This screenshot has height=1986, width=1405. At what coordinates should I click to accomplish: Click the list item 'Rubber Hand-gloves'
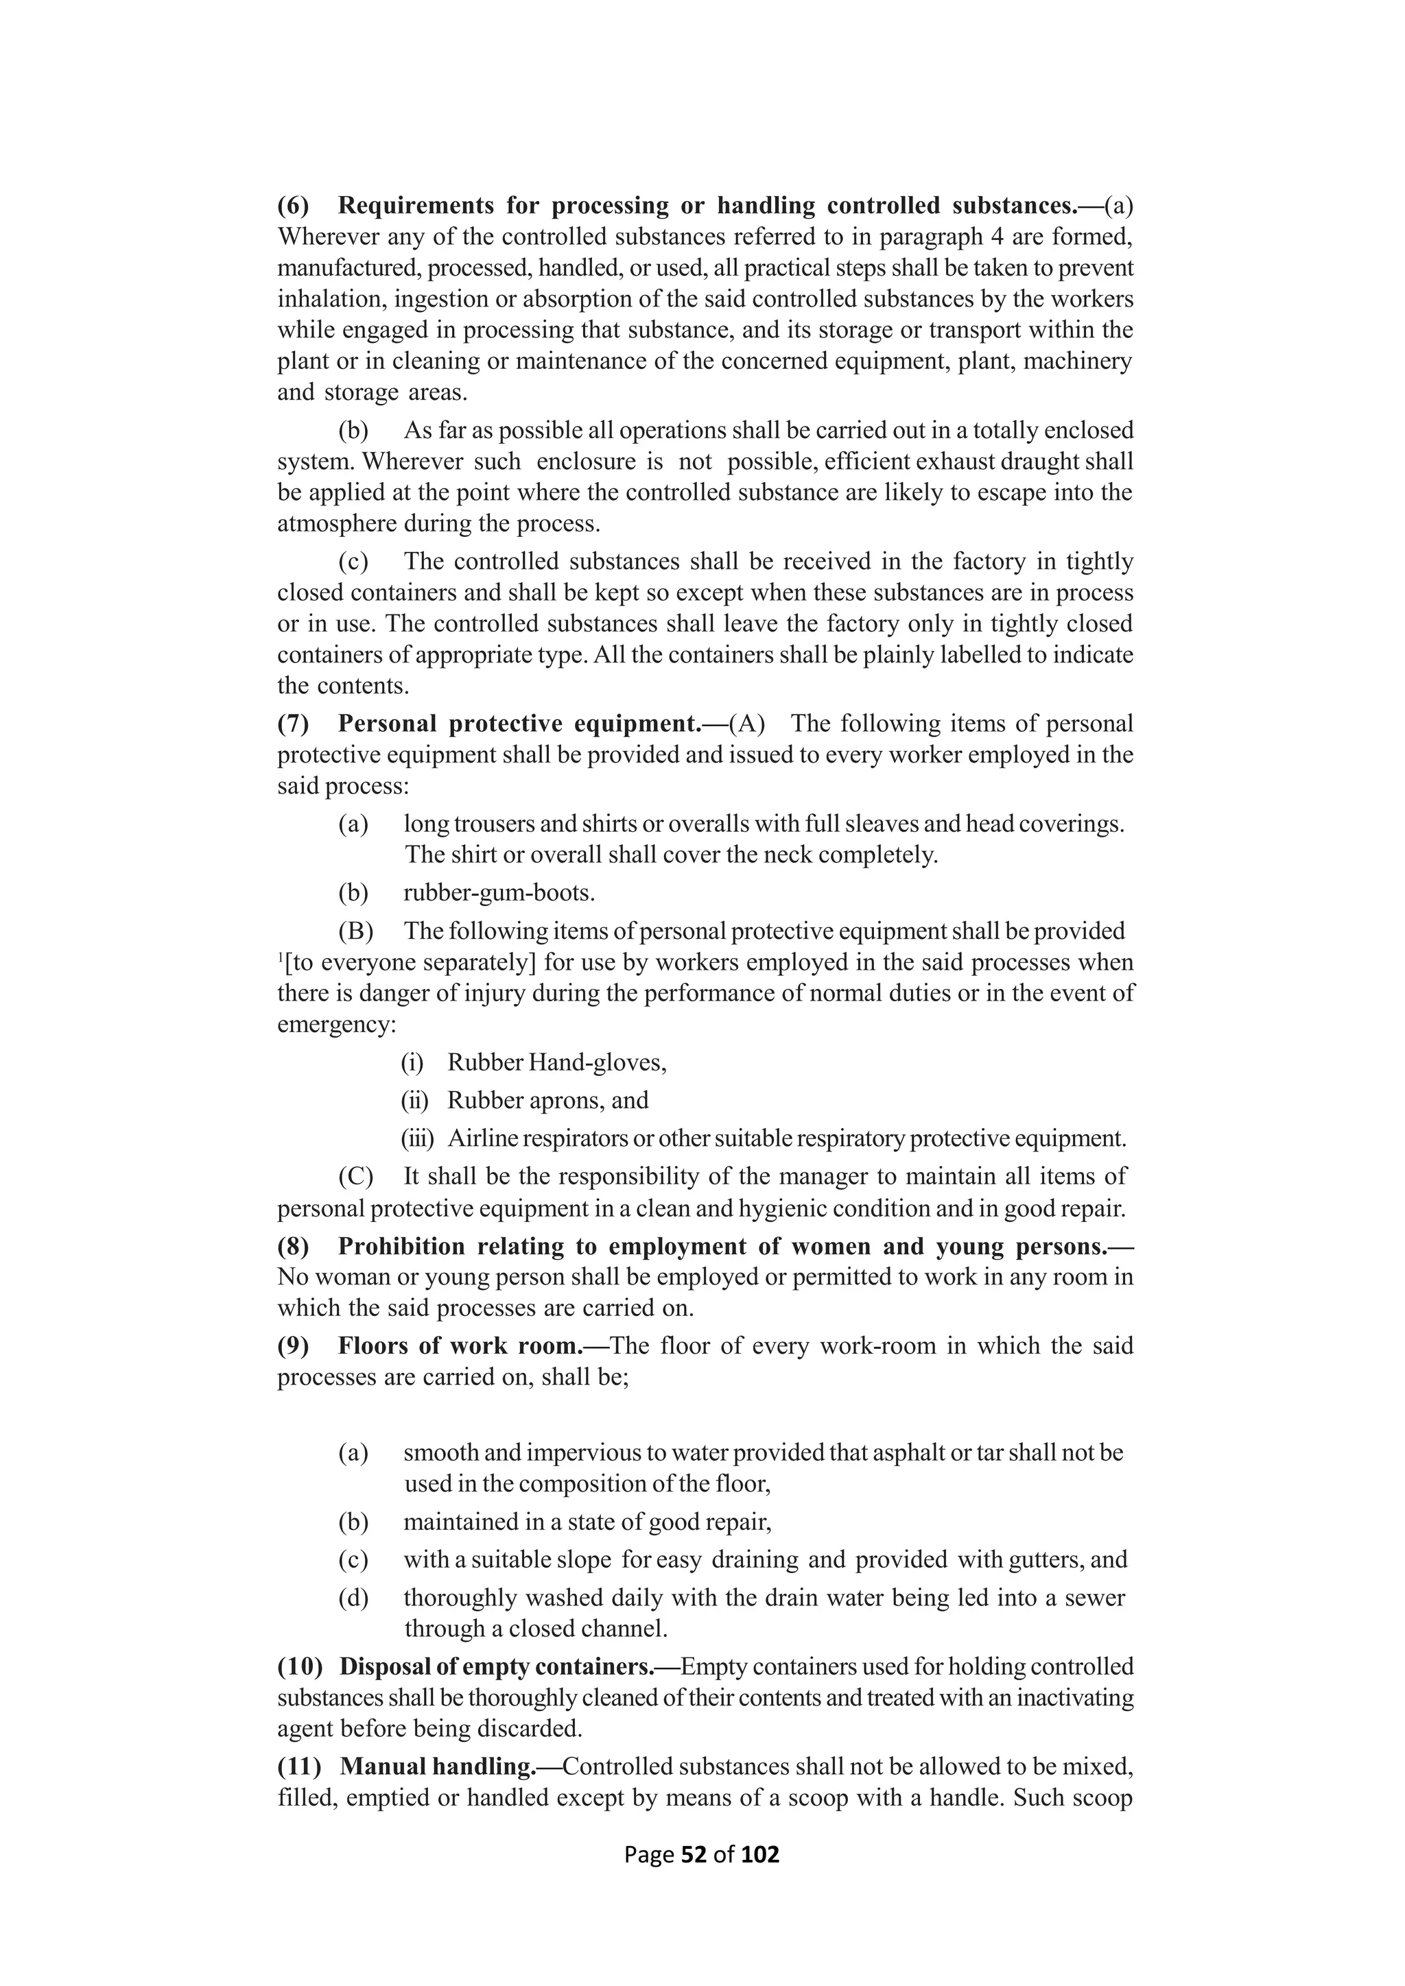pyautogui.click(x=556, y=1062)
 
